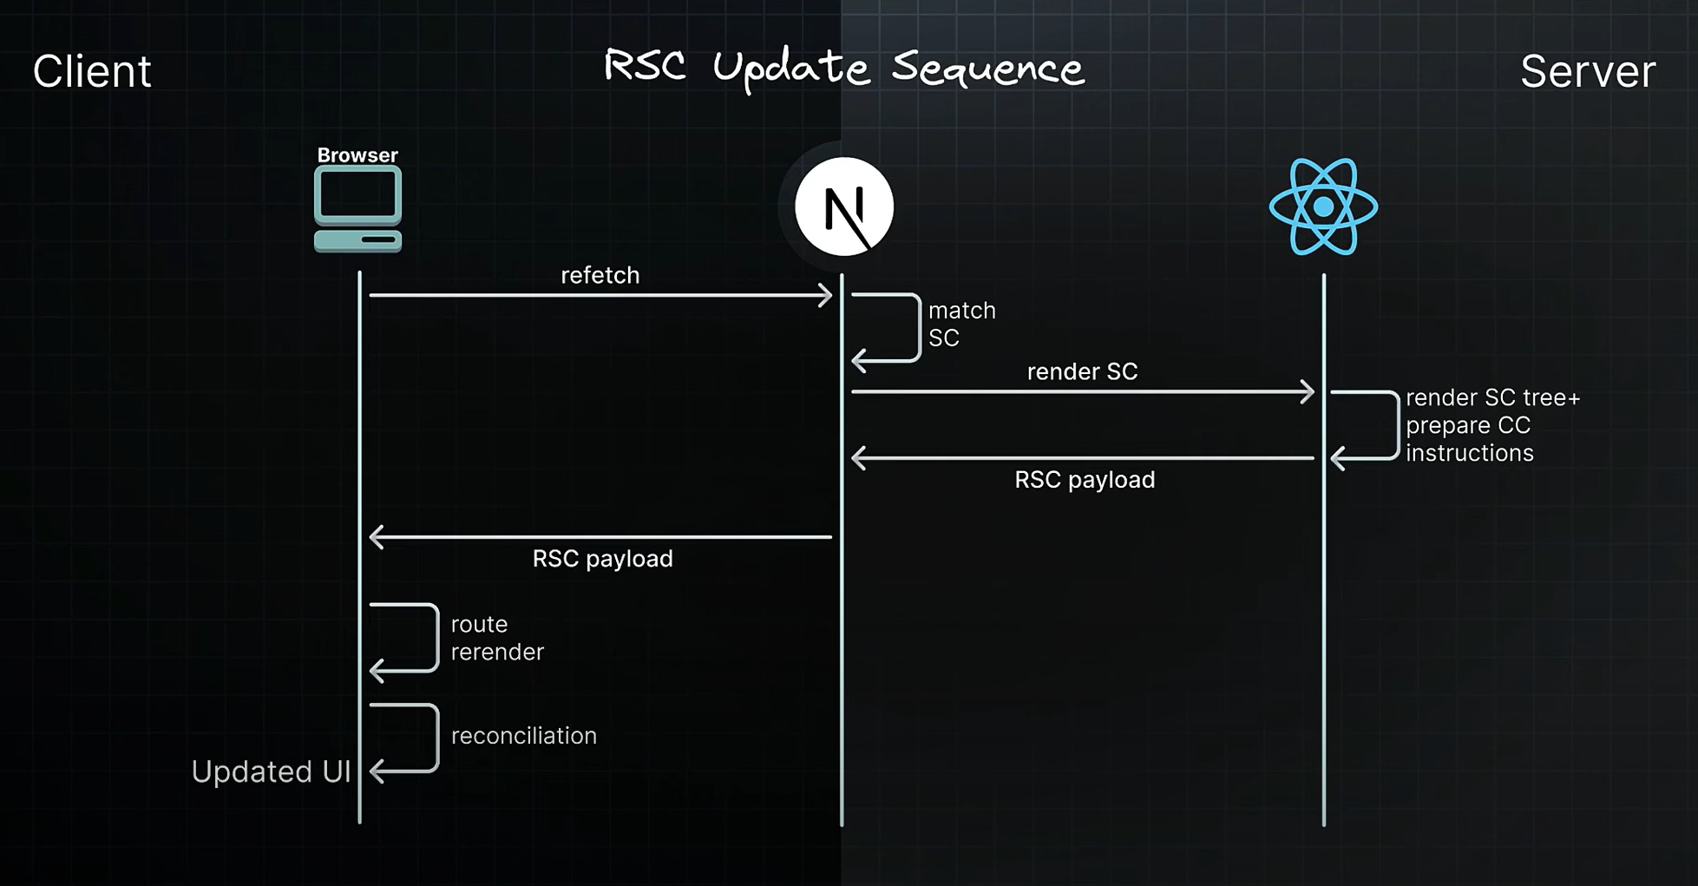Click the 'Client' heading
click(x=92, y=71)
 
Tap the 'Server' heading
click(x=1587, y=71)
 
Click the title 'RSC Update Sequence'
click(x=843, y=68)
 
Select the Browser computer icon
click(x=357, y=209)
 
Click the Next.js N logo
click(x=843, y=207)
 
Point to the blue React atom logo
click(x=1322, y=207)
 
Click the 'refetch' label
click(x=600, y=275)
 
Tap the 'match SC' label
click(x=961, y=324)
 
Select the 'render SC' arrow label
click(x=1081, y=371)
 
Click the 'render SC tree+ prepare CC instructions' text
click(x=1492, y=425)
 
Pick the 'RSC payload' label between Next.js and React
click(x=1084, y=480)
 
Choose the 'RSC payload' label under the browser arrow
click(x=602, y=559)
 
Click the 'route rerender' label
click(x=496, y=638)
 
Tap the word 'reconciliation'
click(x=523, y=736)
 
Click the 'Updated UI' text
click(x=271, y=771)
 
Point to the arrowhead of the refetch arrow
click(x=825, y=296)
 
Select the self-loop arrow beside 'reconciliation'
click(x=435, y=738)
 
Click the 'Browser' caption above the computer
click(x=357, y=155)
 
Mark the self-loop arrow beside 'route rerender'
click(x=435, y=638)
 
